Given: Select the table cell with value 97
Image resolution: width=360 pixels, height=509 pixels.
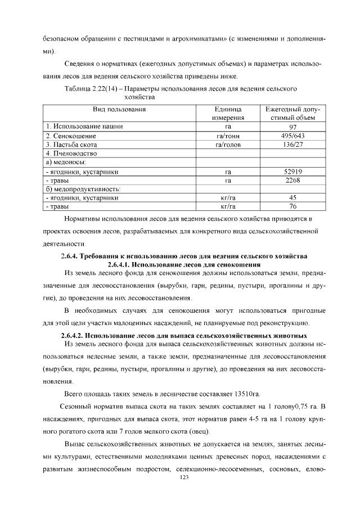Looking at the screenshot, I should pyautogui.click(x=292, y=127).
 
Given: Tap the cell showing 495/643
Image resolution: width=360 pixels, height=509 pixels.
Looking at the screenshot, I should pyautogui.click(x=292, y=136).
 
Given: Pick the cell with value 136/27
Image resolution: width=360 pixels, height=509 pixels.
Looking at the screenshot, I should pyautogui.click(x=292, y=145).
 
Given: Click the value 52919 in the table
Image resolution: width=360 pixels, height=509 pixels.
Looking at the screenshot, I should pyautogui.click(x=292, y=172).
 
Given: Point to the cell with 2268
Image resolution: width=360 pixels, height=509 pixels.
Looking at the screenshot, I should pyautogui.click(x=292, y=181).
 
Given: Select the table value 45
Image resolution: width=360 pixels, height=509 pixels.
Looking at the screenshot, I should pyautogui.click(x=292, y=198).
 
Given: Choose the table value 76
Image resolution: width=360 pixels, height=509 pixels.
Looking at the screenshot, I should pyautogui.click(x=292, y=207).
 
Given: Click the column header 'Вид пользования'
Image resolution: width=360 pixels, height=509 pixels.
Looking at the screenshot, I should pyautogui.click(x=119, y=110).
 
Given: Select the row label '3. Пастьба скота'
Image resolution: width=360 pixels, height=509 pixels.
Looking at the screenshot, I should pyautogui.click(x=73, y=145).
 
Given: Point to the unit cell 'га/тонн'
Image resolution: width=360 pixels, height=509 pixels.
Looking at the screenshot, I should pyautogui.click(x=228, y=136).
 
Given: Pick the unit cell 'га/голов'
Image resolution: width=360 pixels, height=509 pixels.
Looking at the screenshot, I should pyautogui.click(x=228, y=145).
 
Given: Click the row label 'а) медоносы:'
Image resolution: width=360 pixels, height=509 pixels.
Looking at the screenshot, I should pyautogui.click(x=65, y=163).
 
